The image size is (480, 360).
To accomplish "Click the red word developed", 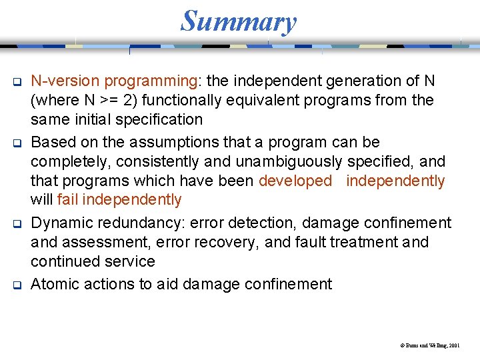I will coord(295,181).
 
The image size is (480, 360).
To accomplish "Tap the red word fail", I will coord(69,200).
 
